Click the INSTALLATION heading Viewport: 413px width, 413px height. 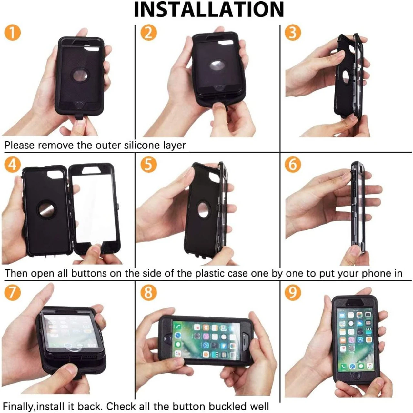point(209,10)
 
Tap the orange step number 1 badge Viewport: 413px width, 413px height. point(13,33)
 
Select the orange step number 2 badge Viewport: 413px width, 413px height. point(148,33)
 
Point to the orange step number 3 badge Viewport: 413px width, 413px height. point(293,33)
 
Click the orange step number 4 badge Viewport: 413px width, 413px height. point(13,165)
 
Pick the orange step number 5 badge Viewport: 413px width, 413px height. point(148,165)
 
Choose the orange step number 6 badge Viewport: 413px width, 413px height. point(293,165)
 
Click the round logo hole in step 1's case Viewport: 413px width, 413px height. point(80,76)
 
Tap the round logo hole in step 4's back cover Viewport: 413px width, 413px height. point(47,209)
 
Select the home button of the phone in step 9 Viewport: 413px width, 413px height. point(356,382)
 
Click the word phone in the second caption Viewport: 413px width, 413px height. point(376,274)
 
